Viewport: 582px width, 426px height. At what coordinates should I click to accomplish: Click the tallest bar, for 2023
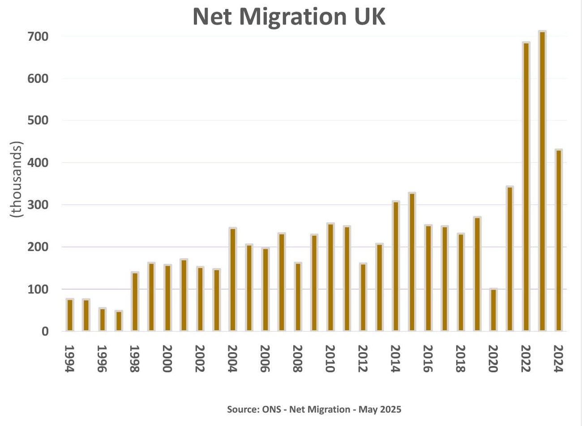tap(542, 181)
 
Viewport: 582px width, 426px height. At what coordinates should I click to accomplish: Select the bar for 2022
tap(526, 187)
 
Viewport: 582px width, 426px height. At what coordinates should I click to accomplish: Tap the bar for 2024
tap(558, 240)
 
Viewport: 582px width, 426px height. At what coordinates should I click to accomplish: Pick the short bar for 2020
tap(493, 310)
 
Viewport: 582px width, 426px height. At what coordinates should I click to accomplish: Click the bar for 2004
tap(233, 280)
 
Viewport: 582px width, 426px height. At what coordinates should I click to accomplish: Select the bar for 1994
tap(70, 315)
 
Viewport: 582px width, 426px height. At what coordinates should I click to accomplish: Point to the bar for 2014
tap(396, 266)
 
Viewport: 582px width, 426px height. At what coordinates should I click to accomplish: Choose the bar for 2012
tap(363, 297)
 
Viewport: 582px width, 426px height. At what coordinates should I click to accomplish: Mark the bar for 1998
tap(135, 302)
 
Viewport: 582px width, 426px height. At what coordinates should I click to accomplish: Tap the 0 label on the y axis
tap(45, 332)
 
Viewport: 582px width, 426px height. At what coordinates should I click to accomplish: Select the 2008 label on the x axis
tap(297, 358)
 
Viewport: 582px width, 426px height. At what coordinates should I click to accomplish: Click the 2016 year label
tap(428, 358)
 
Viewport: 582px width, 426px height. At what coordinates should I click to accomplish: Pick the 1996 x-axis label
tap(102, 358)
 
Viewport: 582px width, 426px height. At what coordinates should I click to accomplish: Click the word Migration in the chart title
tap(293, 17)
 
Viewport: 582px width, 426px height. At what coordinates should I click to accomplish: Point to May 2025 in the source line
tap(380, 409)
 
